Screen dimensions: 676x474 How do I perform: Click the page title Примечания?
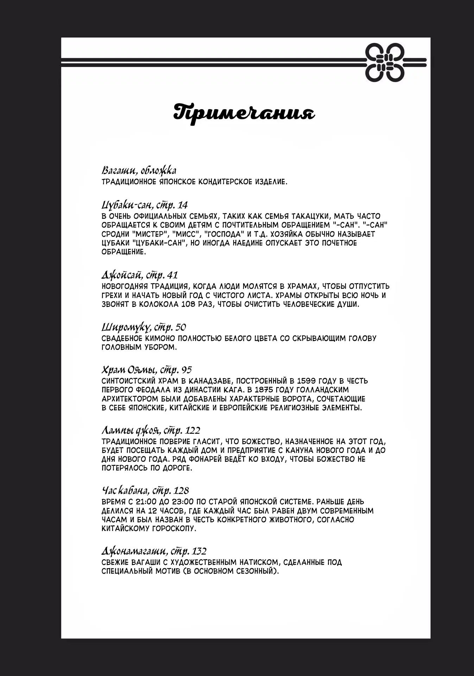[244, 112]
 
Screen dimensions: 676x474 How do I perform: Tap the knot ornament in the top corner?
[384, 62]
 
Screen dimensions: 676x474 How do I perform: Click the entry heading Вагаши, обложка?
[139, 171]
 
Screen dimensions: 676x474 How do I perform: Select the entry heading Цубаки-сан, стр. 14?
[145, 205]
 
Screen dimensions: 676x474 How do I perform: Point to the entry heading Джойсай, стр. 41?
[140, 275]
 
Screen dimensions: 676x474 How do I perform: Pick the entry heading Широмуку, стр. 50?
[144, 327]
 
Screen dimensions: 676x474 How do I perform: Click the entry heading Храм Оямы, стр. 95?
[146, 370]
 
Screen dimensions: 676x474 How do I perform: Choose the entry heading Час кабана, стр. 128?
[145, 490]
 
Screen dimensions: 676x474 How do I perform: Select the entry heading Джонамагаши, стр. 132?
[154, 551]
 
